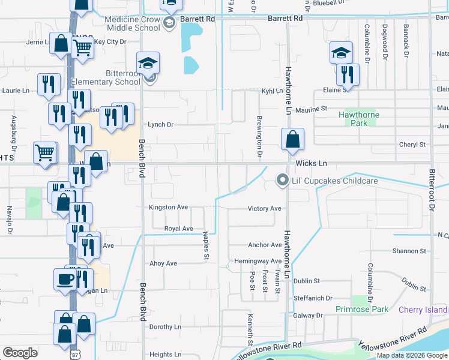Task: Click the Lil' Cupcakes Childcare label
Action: click(335, 181)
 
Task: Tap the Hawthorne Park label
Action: click(358, 114)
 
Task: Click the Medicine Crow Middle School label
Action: click(132, 23)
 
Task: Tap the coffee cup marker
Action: click(65, 278)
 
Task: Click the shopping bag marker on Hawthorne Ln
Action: click(292, 140)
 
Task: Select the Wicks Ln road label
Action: click(311, 163)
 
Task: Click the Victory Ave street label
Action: click(265, 209)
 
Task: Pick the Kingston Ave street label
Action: click(169, 208)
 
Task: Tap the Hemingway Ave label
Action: click(258, 261)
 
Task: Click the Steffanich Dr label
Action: click(313, 298)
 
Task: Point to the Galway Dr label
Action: click(308, 315)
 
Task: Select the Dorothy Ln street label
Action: click(165, 327)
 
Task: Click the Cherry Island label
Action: click(423, 310)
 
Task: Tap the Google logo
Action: click(20, 353)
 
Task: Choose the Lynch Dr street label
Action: click(160, 125)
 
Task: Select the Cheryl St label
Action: click(412, 145)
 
